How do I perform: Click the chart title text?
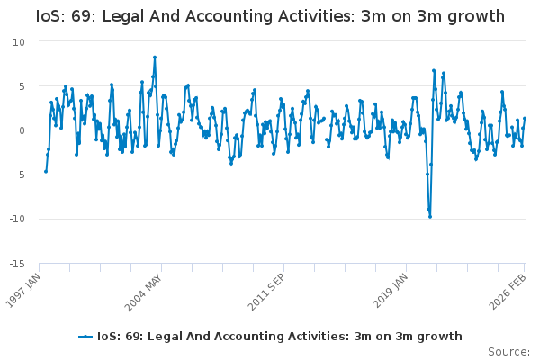[x=270, y=16]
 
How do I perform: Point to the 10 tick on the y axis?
[x=19, y=42]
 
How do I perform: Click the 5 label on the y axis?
[x=22, y=86]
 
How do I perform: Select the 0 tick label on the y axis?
[x=22, y=130]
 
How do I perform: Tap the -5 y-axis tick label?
[x=21, y=175]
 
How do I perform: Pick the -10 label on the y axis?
[x=18, y=219]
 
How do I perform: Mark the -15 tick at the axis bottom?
[x=18, y=264]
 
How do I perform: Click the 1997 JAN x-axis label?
[x=23, y=291]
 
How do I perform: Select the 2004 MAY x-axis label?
[x=143, y=292]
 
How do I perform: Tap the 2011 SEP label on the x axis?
[x=265, y=292]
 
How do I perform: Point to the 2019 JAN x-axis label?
[x=391, y=291]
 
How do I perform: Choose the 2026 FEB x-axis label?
[x=508, y=292]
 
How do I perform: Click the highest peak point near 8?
[x=155, y=58]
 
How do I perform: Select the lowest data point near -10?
[x=430, y=217]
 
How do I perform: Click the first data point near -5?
[x=46, y=172]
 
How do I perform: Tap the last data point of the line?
[x=525, y=119]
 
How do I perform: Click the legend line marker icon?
[x=85, y=337]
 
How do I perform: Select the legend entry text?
[x=280, y=337]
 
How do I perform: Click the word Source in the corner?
[x=508, y=352]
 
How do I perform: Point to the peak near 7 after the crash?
[x=434, y=70]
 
